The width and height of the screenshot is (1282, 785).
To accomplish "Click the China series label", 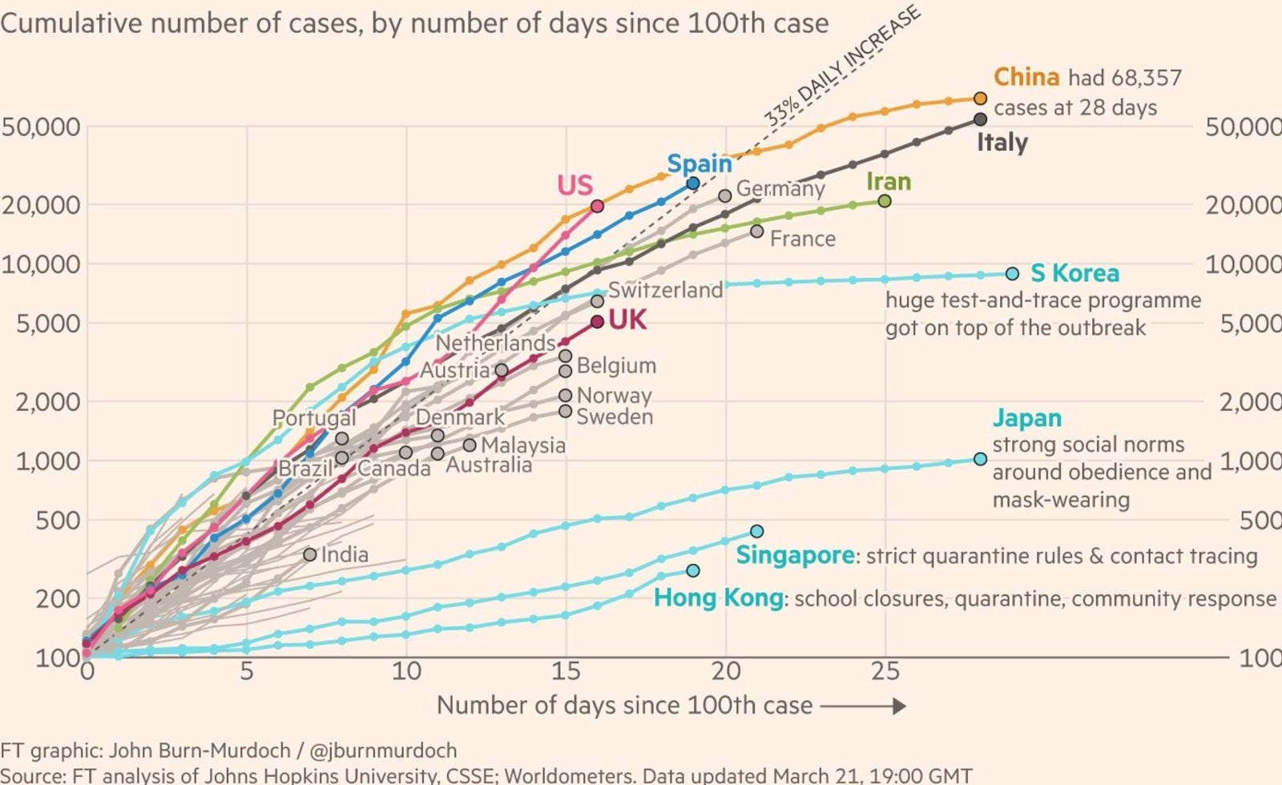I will click(1026, 77).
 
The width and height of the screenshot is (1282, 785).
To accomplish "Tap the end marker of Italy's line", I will click(980, 119).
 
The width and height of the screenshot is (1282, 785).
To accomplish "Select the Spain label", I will click(699, 163).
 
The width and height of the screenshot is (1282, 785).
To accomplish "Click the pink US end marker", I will click(597, 206).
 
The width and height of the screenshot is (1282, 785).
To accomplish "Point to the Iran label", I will click(889, 182).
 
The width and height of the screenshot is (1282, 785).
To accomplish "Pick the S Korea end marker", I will click(1012, 273).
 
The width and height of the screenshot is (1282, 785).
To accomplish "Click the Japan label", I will click(1027, 418).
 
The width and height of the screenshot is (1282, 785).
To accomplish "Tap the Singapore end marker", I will click(757, 531).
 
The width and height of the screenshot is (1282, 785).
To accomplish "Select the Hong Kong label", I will click(719, 598).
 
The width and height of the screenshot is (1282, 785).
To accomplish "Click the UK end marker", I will click(597, 322).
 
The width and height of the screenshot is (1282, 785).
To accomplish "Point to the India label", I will click(345, 554).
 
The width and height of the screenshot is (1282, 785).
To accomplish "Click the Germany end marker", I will click(725, 195).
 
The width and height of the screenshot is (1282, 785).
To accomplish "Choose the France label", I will click(802, 239).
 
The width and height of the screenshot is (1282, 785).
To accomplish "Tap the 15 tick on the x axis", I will click(566, 670).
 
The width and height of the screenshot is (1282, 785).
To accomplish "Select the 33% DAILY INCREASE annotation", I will click(841, 66).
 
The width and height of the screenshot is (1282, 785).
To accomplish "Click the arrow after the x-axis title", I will click(863, 706).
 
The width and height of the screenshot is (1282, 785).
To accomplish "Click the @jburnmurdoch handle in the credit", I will click(383, 751).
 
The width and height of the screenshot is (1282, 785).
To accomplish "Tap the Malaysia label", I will click(523, 445).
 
